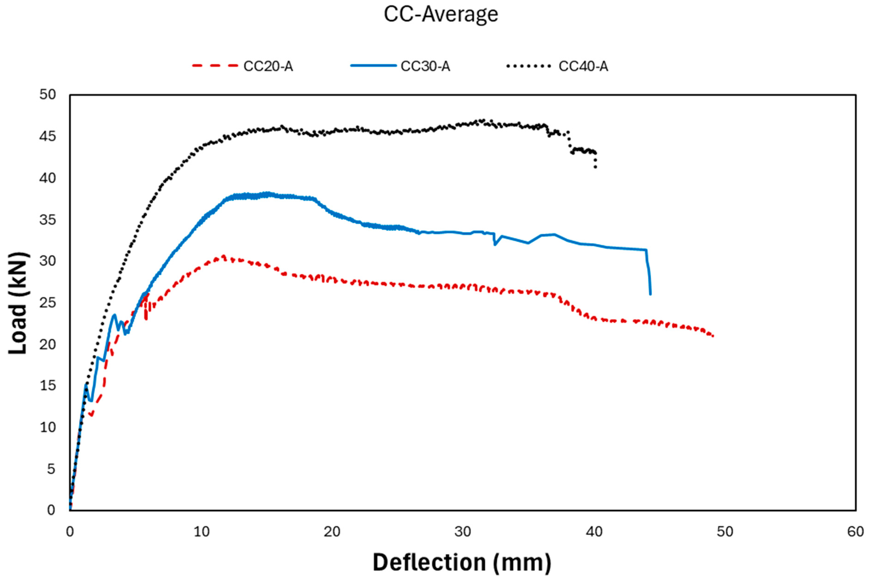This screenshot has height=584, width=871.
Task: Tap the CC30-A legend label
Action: pyautogui.click(x=425, y=66)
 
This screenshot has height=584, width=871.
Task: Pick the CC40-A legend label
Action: pyautogui.click(x=583, y=66)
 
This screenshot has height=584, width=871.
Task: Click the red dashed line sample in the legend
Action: pyautogui.click(x=215, y=66)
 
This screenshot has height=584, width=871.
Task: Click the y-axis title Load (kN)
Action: pyautogui.click(x=18, y=303)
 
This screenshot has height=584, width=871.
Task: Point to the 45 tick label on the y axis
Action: pyautogui.click(x=47, y=136)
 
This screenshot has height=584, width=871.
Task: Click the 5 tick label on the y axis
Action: pyautogui.click(x=51, y=469)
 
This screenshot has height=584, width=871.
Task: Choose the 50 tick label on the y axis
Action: pyautogui.click(x=47, y=95)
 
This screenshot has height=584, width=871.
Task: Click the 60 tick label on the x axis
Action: pyautogui.click(x=855, y=532)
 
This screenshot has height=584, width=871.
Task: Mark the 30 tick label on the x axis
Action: pyautogui.click(x=463, y=532)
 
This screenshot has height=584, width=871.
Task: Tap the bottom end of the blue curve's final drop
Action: pyautogui.click(x=650, y=294)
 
